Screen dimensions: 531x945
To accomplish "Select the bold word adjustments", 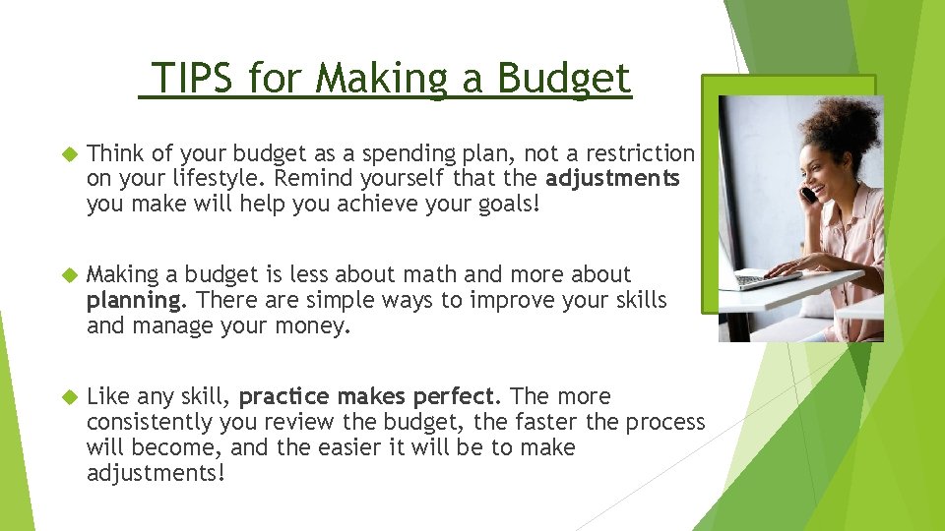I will click(x=612, y=179).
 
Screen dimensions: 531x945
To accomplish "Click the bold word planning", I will click(x=134, y=300).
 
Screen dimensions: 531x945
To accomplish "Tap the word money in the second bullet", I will click(x=316, y=325).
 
